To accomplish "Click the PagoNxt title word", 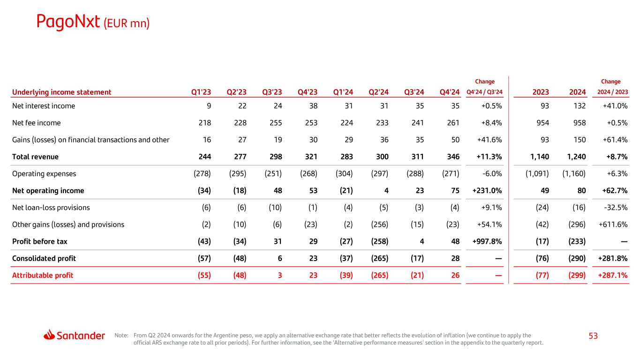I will [x=68, y=22].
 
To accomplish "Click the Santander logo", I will [x=75, y=335].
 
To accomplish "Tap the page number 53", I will [x=593, y=336].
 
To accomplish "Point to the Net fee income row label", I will [x=36, y=123].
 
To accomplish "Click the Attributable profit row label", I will [x=42, y=275].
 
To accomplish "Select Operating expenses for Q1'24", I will [x=344, y=173].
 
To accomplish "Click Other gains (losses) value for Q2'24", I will [x=379, y=224].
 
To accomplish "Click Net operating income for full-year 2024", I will [x=580, y=190].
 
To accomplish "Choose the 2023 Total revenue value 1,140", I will [x=539, y=157].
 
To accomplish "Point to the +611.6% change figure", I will [x=614, y=224].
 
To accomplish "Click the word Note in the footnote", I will [x=121, y=335].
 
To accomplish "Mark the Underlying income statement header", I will [x=61, y=92].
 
